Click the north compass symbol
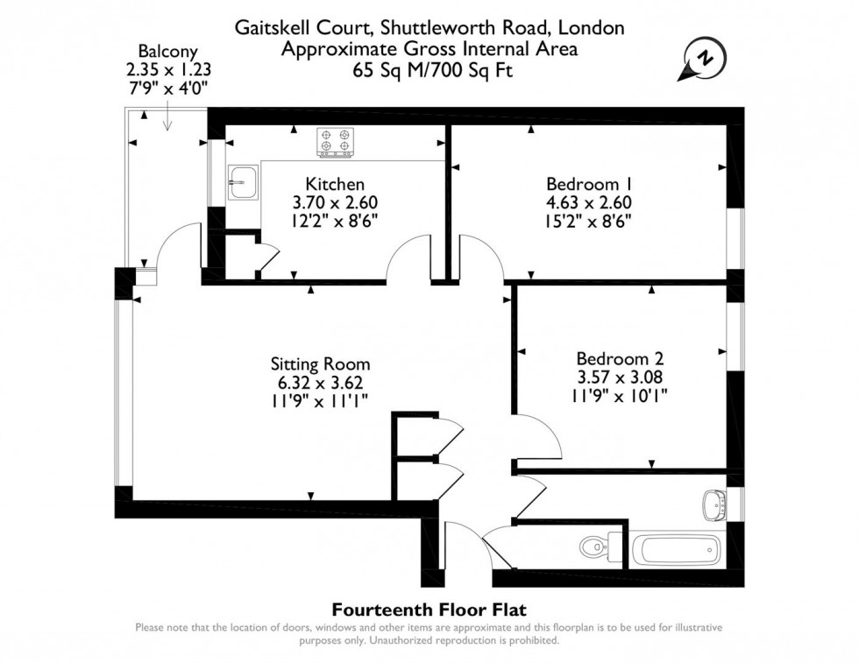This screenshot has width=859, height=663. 703,58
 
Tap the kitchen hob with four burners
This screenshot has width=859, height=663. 336,143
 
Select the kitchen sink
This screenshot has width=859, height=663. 241,183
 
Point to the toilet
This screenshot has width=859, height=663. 594,548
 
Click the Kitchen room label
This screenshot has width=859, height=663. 335,184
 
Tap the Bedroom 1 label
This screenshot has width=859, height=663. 588,184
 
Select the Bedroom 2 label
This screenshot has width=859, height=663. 620,358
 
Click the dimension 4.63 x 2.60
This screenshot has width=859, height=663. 588,201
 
